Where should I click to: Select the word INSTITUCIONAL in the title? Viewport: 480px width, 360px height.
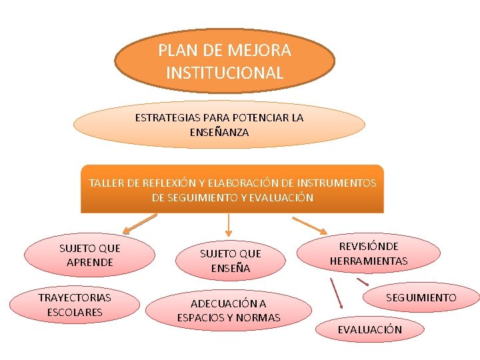(x=225, y=73)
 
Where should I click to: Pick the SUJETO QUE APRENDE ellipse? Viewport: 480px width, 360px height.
(x=89, y=255)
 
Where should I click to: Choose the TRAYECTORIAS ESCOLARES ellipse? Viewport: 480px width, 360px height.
(x=75, y=305)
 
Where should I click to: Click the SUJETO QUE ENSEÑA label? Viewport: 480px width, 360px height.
(x=231, y=261)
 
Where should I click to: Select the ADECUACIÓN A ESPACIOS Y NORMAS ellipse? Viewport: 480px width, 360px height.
(x=229, y=311)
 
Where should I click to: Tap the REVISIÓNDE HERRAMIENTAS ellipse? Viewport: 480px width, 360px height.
(x=368, y=253)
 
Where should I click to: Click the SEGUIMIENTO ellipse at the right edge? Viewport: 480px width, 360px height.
(x=421, y=297)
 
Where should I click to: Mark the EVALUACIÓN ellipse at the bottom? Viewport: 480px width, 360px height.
(x=369, y=329)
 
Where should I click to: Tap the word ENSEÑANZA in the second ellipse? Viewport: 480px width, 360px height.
(x=219, y=133)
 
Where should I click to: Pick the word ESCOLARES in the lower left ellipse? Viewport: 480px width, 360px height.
(x=75, y=312)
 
